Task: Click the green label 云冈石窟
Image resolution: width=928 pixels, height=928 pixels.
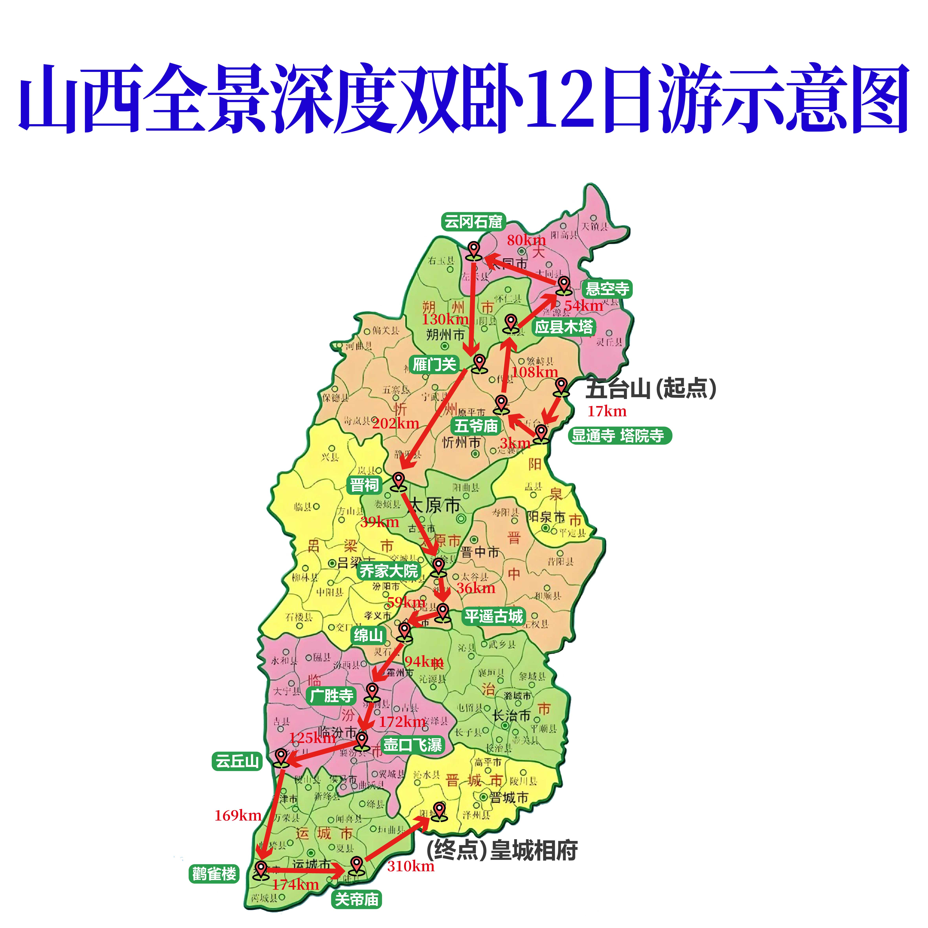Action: coord(473,222)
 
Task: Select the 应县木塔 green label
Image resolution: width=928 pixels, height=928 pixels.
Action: coord(564,327)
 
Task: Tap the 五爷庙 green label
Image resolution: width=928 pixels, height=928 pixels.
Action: coord(476,425)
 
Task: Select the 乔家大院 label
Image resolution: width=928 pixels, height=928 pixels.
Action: coord(389,571)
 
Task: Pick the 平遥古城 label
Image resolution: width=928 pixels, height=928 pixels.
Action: coord(493,616)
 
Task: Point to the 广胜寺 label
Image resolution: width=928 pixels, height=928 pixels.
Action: coord(331,696)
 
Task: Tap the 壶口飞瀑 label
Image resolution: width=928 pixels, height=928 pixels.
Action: coord(412,745)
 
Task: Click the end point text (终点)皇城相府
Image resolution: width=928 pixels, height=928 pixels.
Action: coord(502,851)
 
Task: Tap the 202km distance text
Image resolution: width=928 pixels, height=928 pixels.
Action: coord(395,424)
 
